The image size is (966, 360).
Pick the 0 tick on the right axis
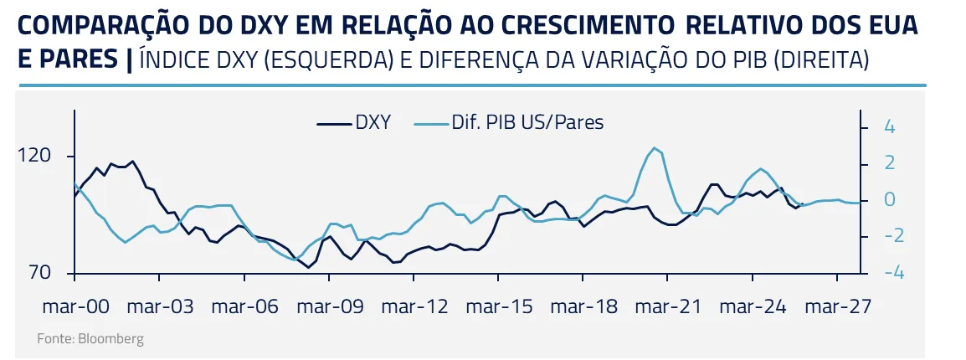pyautogui.click(x=890, y=200)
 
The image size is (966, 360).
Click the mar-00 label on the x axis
pyautogui.click(x=75, y=307)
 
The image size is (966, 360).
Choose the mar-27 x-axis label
pyautogui.click(x=837, y=307)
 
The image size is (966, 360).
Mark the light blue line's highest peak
pyautogui.click(x=653, y=148)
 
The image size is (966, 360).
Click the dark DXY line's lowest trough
pyautogui.click(x=309, y=267)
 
